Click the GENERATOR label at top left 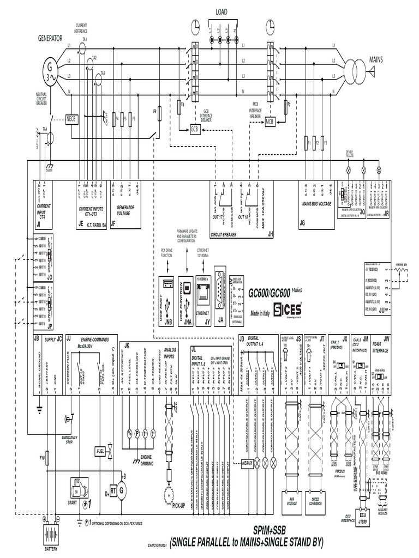[x=50, y=38]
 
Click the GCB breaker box [x=195, y=129]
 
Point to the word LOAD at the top [x=222, y=11]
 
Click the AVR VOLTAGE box [x=290, y=499]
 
